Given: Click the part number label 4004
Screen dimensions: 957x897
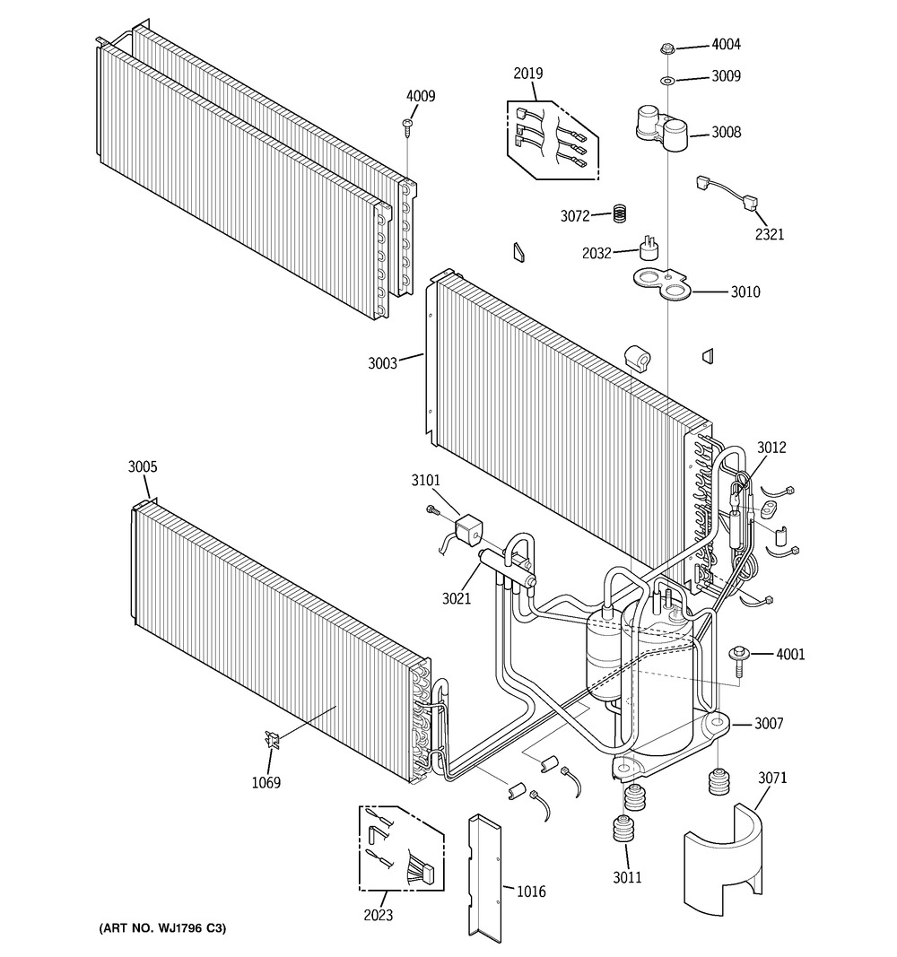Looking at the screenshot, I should click(726, 45).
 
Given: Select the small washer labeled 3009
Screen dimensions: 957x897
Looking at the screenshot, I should click(667, 81).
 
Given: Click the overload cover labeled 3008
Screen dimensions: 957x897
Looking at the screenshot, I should click(663, 125).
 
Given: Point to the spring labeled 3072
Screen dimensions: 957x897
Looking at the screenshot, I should click(618, 214).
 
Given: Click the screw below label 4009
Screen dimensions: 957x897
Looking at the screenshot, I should click(409, 126).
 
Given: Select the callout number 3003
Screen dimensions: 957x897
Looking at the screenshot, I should click(382, 363).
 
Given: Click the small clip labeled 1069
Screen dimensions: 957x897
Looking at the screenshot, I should click(272, 740).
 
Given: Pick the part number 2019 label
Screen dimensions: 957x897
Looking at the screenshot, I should click(528, 74).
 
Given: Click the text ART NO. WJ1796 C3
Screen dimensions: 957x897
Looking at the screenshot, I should click(161, 927).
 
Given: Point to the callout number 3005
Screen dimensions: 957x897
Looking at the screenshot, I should click(143, 467).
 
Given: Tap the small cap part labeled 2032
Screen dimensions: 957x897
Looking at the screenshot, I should click(646, 250).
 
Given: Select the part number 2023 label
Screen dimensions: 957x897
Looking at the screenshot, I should click(378, 916).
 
